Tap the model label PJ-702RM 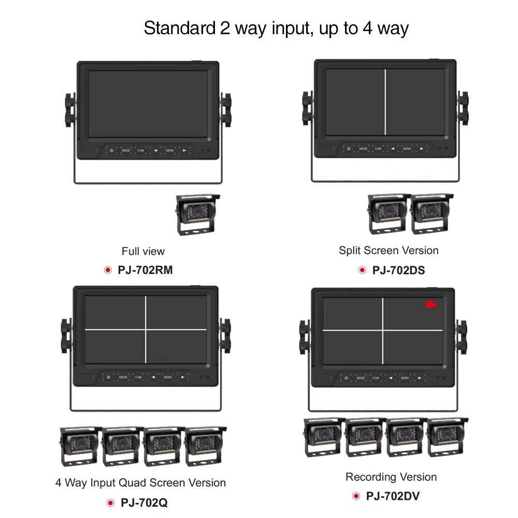145,270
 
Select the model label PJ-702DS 398,270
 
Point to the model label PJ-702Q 144,502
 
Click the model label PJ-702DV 393,496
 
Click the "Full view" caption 143,251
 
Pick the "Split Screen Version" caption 388,251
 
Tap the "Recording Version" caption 391,477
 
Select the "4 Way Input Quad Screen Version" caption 140,483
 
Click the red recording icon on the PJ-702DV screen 430,305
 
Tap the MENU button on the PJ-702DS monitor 407,149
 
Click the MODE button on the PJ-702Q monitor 123,377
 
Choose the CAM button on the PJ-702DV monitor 376,378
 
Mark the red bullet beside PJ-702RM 108,270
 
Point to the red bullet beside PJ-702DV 356,496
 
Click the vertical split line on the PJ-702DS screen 385,101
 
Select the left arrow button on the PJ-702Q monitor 153,377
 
